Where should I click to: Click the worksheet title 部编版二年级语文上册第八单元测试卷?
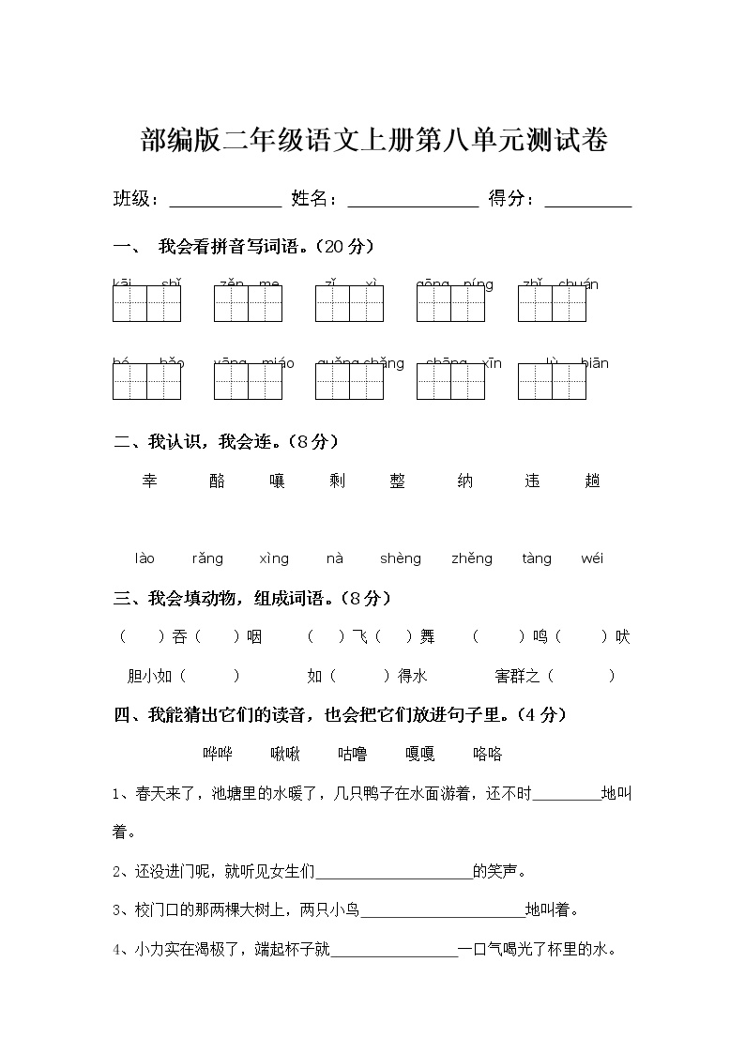coord(373,142)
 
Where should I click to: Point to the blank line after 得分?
coord(587,201)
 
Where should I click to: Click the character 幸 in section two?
coord(150,481)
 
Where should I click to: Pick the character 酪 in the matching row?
coord(218,481)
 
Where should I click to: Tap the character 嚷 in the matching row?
coord(277,481)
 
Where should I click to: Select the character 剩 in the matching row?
coord(338,481)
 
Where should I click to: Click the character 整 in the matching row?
coord(398,481)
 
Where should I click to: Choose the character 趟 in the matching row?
coord(592,481)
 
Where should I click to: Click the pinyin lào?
coord(144,558)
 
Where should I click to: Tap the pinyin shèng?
coord(401,558)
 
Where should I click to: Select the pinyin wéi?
coord(592,558)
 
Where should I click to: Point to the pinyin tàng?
coord(537,558)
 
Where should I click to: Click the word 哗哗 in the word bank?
coord(218,754)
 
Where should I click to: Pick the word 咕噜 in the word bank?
coord(353,754)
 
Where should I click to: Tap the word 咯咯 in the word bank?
coord(488,754)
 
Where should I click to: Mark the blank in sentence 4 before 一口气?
coord(394,951)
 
